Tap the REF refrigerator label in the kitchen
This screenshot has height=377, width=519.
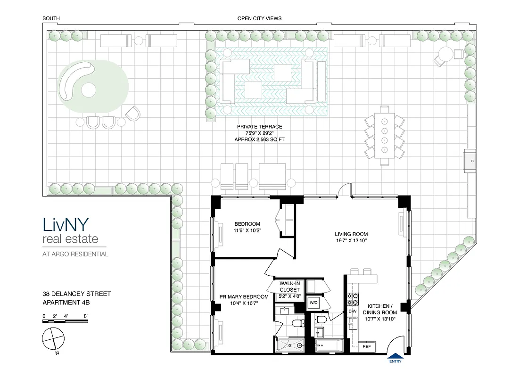point(367,346)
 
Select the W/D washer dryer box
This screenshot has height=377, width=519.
point(313,303)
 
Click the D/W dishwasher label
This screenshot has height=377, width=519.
point(353,312)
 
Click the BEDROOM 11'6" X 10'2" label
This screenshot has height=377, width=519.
point(247,227)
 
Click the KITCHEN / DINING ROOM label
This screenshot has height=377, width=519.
point(382,312)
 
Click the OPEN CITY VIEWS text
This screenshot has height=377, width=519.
point(259,18)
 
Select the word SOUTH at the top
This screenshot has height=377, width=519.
point(51,18)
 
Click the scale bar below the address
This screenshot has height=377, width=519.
point(66,321)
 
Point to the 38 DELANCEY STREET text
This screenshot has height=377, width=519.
point(76,294)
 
